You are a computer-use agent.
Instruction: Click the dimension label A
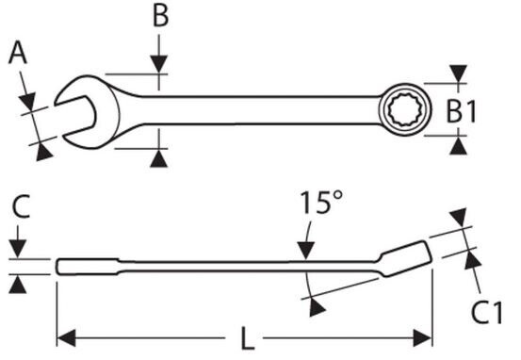18,53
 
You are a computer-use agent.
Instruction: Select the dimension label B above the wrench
160,16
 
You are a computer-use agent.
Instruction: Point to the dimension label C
21,206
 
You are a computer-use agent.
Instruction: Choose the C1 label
487,313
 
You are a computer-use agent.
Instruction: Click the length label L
247,338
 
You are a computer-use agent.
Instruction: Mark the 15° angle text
321,202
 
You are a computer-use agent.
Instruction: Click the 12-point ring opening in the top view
405,109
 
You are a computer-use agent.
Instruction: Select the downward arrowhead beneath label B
159,64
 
